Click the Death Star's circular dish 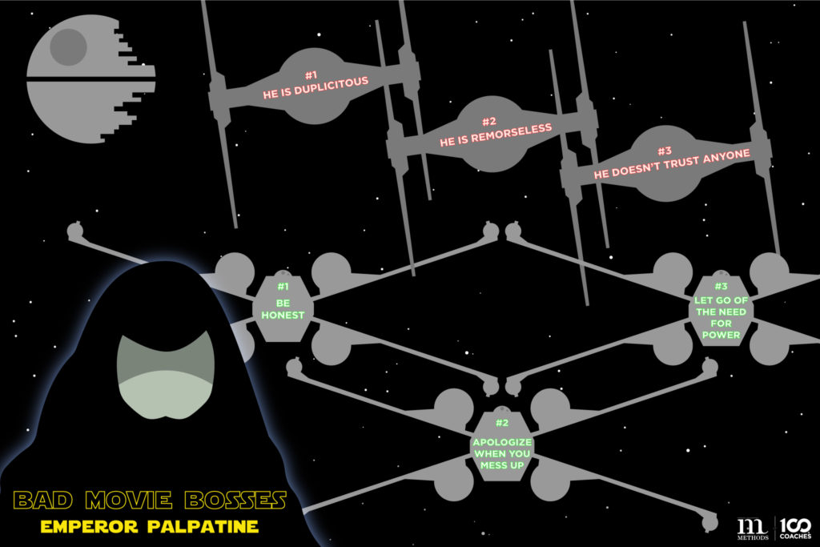68,46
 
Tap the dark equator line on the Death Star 88,78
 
